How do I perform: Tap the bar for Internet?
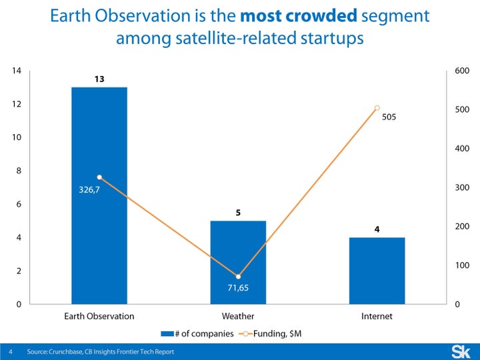pos(377,271)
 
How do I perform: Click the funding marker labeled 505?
pos(377,107)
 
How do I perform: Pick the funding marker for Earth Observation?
pos(99,177)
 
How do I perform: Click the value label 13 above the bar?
pos(99,79)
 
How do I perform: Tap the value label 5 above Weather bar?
pos(238,213)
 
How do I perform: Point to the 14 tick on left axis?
pos(18,71)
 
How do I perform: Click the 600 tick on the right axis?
pos(461,71)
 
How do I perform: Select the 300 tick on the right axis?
pos(461,188)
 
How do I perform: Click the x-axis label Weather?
pos(238,316)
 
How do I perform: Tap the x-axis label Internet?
pos(377,316)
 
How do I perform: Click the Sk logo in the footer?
pos(460,351)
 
